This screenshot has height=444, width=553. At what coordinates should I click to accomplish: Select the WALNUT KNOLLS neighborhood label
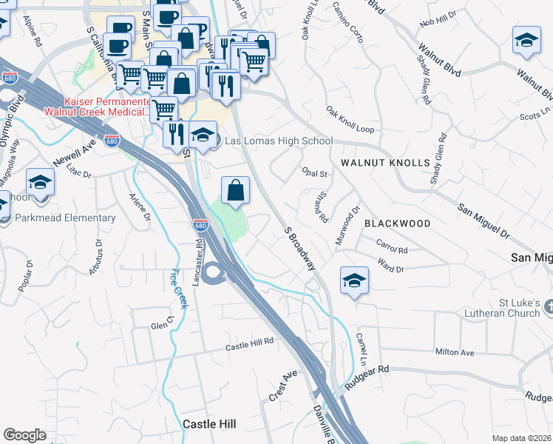coord(385,163)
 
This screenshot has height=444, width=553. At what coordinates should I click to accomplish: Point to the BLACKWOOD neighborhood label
coord(398,223)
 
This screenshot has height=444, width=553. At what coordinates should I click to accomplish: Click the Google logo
coord(24,435)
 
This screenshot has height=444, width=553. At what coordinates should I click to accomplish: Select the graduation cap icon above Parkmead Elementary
coord(40,182)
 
